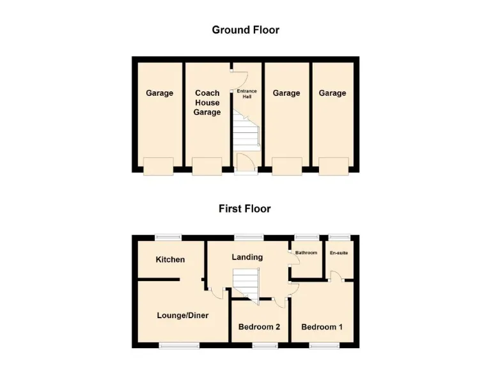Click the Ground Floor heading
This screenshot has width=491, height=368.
[245, 29]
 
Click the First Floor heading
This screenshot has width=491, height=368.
[245, 208]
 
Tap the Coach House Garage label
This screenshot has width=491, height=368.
[207, 103]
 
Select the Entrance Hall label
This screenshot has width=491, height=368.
[247, 94]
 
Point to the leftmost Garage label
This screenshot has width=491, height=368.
[159, 93]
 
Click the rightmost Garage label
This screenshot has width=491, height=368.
[332, 93]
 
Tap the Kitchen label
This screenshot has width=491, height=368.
[171, 259]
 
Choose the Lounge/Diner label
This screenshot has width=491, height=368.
[183, 316]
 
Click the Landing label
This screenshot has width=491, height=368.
[247, 257]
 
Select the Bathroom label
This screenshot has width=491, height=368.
[306, 253]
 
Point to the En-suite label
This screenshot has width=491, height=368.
[339, 253]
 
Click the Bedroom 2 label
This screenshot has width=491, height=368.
[260, 327]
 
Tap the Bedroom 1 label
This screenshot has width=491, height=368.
[322, 327]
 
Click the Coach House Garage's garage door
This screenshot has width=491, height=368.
[207, 166]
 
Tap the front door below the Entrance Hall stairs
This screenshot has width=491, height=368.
[245, 162]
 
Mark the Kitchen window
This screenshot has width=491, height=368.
[169, 237]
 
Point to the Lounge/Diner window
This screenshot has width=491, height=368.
[179, 346]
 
